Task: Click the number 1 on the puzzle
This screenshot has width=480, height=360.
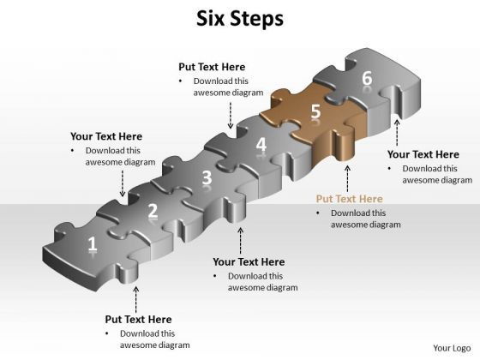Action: click(93, 245)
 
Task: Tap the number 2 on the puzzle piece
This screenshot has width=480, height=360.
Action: click(153, 211)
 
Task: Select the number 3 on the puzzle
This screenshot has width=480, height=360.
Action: click(207, 177)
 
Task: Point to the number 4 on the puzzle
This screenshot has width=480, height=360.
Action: click(261, 144)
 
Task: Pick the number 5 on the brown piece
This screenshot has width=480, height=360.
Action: click(316, 111)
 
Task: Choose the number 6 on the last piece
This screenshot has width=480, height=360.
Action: click(367, 78)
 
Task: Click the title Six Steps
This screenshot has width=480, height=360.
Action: click(240, 19)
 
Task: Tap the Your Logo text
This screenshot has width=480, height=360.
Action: click(452, 348)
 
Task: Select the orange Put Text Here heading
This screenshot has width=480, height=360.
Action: click(350, 199)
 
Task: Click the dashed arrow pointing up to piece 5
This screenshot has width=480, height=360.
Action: click(347, 179)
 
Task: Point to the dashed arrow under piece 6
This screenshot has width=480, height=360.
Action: click(397, 133)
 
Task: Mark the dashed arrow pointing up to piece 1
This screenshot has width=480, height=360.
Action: click(136, 300)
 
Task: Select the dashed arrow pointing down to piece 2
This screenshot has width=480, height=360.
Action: click(123, 183)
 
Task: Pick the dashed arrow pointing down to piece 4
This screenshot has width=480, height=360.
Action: click(231, 115)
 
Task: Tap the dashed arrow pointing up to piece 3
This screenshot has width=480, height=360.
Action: click(241, 240)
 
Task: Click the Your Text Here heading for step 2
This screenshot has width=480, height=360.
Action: click(106, 136)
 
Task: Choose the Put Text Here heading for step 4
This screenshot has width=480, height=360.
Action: click(212, 67)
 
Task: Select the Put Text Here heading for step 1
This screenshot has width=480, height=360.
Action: click(138, 319)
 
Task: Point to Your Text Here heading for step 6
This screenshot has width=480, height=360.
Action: click(423, 154)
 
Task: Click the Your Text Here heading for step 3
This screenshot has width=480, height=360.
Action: click(249, 261)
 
